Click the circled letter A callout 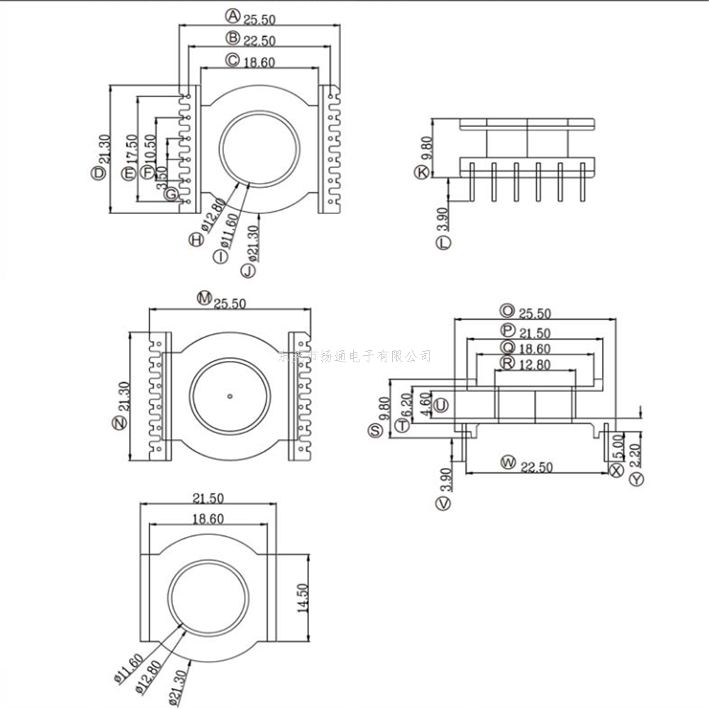[x=233, y=14]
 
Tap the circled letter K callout [x=423, y=172]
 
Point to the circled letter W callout [x=507, y=463]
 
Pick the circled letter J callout [x=247, y=270]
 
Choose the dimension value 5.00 [x=616, y=447]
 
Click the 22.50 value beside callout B [x=259, y=40]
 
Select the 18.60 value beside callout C [x=259, y=62]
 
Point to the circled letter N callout [x=118, y=423]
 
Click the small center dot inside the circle [x=230, y=395]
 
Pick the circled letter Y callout [x=637, y=479]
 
